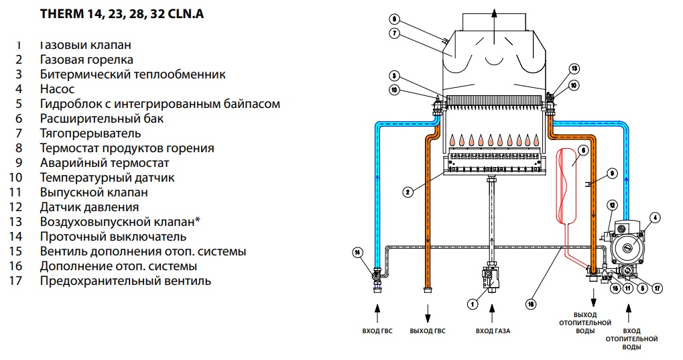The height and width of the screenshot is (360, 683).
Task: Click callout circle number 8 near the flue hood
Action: (x=393, y=19)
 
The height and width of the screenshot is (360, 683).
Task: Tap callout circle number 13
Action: (x=574, y=69)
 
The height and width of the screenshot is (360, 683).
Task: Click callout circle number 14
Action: (x=357, y=252)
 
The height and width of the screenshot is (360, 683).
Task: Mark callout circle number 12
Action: (x=611, y=204)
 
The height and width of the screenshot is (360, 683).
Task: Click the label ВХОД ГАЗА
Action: (x=493, y=331)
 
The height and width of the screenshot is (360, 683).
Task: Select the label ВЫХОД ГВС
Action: (x=427, y=331)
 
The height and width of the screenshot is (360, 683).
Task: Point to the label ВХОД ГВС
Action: (x=377, y=331)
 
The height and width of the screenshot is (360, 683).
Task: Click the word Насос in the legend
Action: (x=57, y=88)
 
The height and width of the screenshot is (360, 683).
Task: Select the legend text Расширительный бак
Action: (x=101, y=118)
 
